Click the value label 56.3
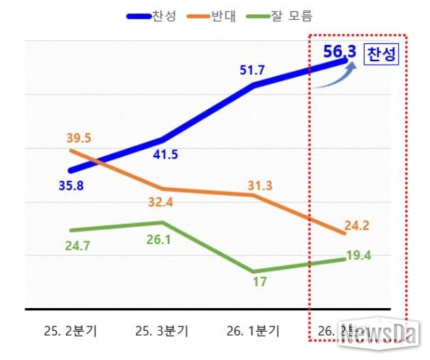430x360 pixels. tap(339, 52)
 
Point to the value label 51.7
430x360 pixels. tap(254, 70)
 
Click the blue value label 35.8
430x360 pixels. tap(72, 187)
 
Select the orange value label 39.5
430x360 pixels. tap(79, 137)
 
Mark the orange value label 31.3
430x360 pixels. tap(258, 186)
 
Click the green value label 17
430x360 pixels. tap(259, 282)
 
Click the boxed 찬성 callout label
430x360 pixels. tap(381, 55)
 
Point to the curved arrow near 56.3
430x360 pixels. tap(334, 76)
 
